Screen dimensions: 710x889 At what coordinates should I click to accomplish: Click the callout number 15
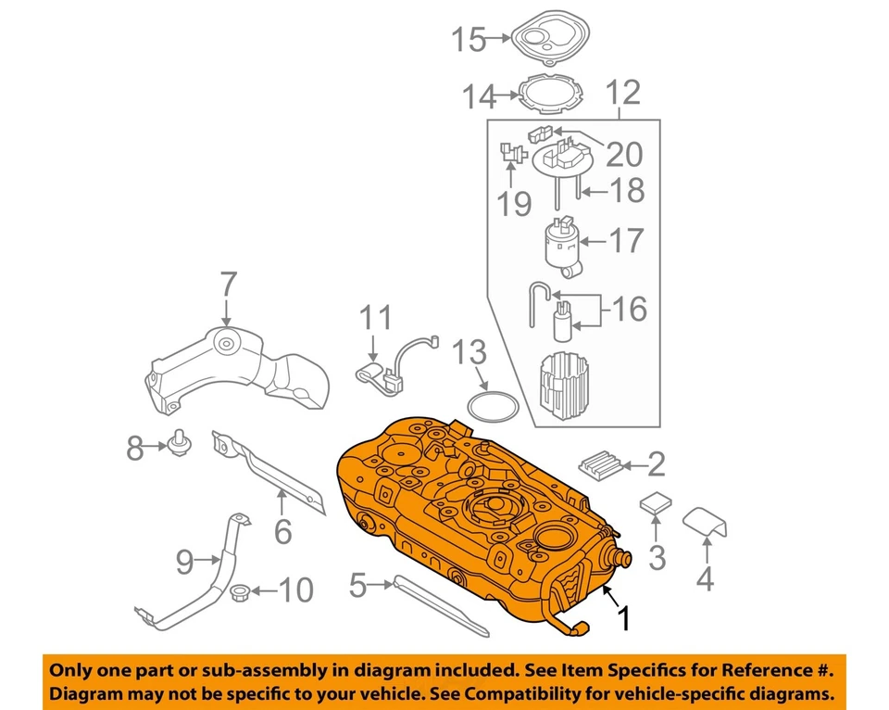click(468, 40)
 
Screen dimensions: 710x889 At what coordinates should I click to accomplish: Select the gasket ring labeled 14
click(553, 95)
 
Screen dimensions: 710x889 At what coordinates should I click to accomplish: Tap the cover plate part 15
click(550, 37)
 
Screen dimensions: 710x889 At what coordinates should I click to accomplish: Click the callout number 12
click(622, 93)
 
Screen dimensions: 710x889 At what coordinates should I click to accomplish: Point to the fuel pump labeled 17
click(562, 245)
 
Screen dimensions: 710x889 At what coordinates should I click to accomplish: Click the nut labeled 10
click(239, 590)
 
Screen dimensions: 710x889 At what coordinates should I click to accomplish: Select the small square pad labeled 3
click(656, 502)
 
